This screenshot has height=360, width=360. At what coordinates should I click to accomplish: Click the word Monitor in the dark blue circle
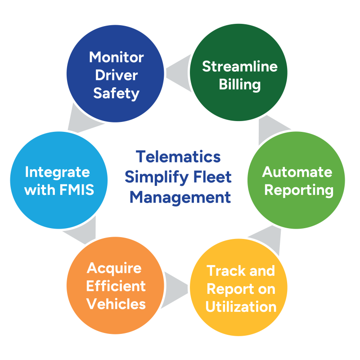116,57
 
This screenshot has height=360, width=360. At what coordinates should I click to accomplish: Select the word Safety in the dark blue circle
116,93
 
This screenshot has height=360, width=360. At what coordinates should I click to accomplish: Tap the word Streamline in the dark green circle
239,67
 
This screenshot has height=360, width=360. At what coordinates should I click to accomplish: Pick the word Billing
239,85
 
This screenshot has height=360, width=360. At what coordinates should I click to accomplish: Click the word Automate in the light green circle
297,172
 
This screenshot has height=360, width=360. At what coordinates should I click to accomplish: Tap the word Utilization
241,307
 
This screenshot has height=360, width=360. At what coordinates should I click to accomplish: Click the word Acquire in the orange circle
114,268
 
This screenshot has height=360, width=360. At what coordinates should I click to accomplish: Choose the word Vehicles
116,304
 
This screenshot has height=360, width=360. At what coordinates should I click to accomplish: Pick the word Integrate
57,172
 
